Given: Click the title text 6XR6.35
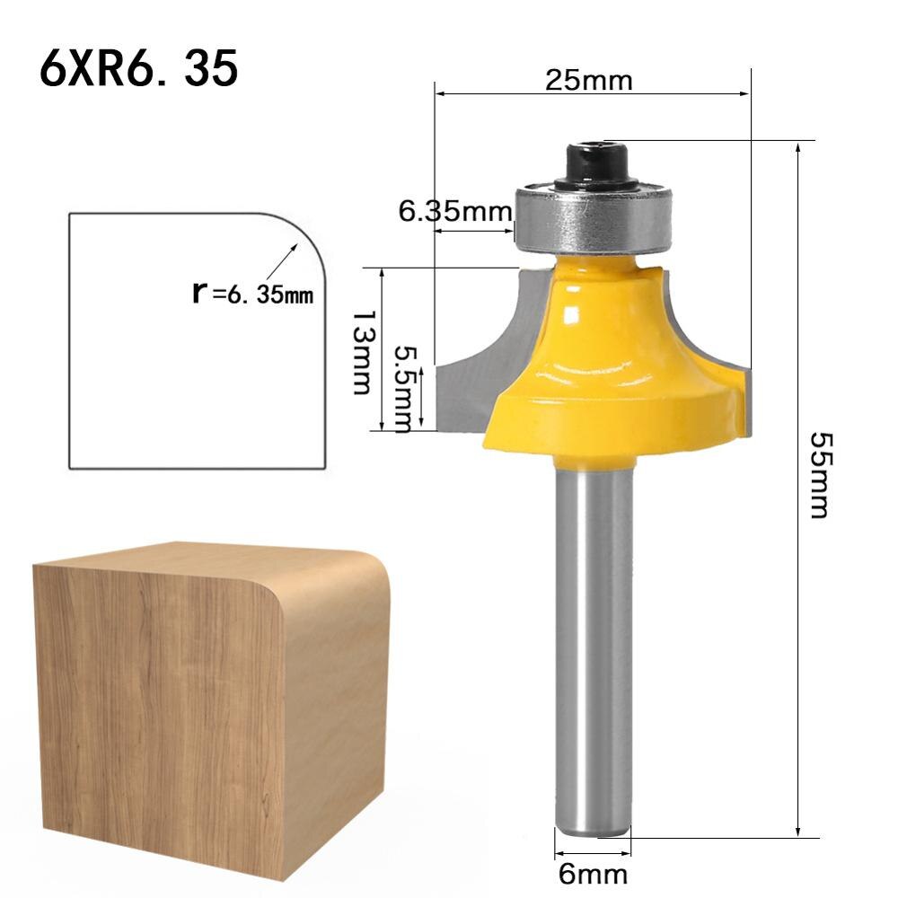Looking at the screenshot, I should point(139,69).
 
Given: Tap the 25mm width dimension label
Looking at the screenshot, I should point(589,81).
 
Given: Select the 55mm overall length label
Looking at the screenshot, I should point(819,475).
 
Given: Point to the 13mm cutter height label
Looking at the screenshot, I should point(360,353).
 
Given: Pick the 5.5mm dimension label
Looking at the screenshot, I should point(407,387).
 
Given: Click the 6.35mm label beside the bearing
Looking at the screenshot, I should point(454,212).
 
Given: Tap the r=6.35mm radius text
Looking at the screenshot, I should point(253,293).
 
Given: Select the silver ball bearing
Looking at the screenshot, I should point(594,216).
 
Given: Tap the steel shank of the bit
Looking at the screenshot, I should point(592,647).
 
